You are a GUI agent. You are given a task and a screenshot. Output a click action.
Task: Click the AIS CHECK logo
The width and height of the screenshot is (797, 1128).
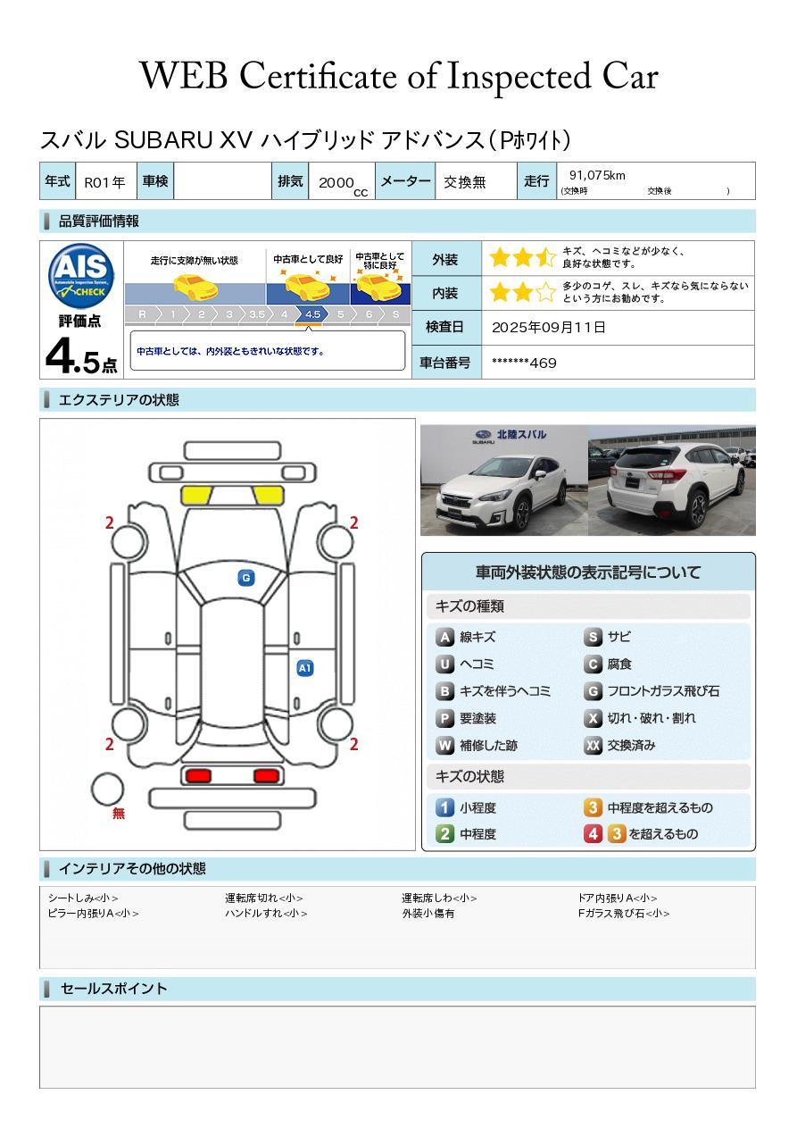coord(81,275)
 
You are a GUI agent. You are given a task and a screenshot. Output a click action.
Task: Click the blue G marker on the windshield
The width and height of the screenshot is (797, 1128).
coord(246,578)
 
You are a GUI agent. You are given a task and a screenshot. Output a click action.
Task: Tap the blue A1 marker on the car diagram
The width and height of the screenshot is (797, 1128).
coord(305,668)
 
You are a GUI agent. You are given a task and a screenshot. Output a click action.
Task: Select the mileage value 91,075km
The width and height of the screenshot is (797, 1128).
coord(597,175)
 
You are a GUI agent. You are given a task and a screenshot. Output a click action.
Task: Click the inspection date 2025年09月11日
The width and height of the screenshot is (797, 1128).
coord(549,328)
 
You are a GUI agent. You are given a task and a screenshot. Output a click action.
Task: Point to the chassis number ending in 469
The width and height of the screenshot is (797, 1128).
coord(524,363)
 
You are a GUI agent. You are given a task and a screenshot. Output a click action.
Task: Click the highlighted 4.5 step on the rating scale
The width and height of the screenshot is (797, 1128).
coord(312,314)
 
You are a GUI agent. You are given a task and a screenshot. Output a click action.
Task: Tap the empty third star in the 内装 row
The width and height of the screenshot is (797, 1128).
coord(545,292)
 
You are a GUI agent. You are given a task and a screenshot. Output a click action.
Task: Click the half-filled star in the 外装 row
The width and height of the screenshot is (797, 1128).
coord(545,257)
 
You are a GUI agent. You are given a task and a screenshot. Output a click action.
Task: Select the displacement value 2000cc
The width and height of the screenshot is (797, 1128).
coord(343,185)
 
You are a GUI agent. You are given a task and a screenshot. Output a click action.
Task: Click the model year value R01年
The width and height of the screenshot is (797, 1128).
coord(104,182)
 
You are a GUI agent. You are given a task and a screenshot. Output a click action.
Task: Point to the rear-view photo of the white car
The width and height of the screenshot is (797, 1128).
coord(672,480)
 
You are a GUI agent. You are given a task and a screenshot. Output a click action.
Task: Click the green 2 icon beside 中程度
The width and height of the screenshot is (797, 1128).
coord(444,834)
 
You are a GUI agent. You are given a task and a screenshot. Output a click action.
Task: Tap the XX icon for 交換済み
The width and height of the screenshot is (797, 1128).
coord(593,745)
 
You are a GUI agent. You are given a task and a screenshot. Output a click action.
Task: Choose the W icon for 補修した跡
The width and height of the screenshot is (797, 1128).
coord(444,745)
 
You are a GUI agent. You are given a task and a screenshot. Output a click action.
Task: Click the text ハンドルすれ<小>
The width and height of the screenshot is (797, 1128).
coord(266,913)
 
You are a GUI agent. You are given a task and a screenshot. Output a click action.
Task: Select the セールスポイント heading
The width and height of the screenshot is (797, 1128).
coord(113,989)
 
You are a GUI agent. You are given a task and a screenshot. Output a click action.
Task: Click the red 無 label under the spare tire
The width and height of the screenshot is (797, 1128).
coord(118,813)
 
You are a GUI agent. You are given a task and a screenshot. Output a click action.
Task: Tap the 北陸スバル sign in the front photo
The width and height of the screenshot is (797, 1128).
coord(521,434)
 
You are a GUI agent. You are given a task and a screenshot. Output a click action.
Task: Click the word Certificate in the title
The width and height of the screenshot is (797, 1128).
coord(318,77)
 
